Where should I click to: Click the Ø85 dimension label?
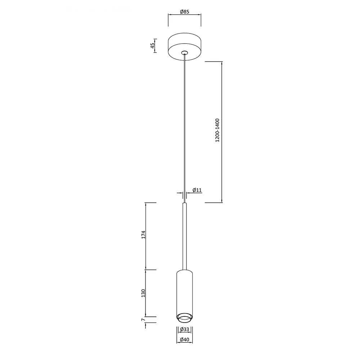tap(185, 12)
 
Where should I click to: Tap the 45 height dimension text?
tap(152, 46)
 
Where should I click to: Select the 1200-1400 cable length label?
tap(217, 130)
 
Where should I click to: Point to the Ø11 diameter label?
tap(197, 190)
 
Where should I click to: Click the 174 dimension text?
tap(144, 234)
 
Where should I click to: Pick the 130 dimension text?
tap(144, 293)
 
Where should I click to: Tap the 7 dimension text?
tap(143, 320)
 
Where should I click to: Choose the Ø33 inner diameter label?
tap(185, 329)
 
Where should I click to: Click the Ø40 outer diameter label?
tap(185, 339)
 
